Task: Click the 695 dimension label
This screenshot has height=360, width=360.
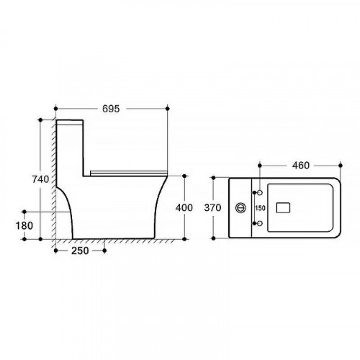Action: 111,109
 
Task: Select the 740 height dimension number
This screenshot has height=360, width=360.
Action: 40,179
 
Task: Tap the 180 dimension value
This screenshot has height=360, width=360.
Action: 24,225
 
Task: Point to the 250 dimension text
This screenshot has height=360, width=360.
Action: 80,251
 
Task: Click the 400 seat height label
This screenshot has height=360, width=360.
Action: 184,207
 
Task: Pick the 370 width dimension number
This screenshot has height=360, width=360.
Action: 212,207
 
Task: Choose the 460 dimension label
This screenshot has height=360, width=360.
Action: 301,166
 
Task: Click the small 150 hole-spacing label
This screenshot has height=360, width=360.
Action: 260,208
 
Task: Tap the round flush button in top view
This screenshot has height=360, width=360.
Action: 240,208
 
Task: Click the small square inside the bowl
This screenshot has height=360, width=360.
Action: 283,208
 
